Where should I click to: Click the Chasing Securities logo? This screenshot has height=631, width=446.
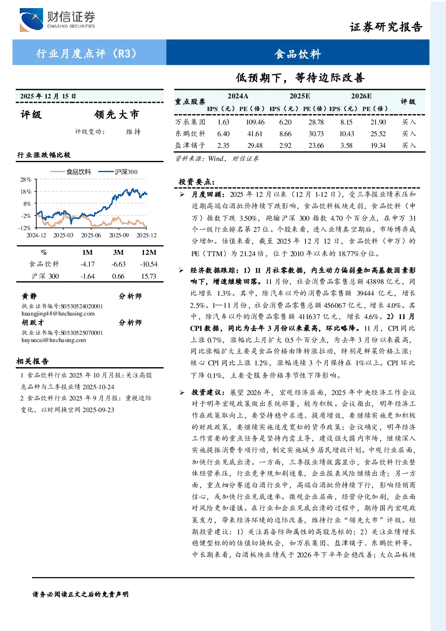click(x=57, y=20)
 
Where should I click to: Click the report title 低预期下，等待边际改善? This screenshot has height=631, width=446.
click(x=300, y=77)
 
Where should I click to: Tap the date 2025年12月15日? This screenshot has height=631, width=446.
click(x=48, y=96)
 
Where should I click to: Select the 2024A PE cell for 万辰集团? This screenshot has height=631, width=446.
click(x=255, y=122)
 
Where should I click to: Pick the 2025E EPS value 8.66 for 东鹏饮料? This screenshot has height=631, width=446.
click(x=285, y=134)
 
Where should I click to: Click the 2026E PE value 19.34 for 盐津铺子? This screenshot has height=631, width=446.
click(x=378, y=145)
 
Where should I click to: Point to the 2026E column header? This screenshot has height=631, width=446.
click(x=361, y=96)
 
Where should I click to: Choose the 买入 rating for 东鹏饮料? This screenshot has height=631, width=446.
click(x=409, y=133)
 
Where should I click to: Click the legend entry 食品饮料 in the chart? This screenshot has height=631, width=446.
click(x=71, y=172)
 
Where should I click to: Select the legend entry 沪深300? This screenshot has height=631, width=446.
click(x=118, y=172)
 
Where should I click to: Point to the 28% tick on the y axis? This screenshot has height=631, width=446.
click(x=26, y=179)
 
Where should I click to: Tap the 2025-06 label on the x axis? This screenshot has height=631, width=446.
click(x=91, y=235)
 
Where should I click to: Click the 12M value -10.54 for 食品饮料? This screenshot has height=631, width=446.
click(x=149, y=264)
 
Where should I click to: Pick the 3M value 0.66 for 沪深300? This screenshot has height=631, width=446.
click(x=118, y=276)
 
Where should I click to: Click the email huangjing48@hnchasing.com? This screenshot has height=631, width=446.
click(x=58, y=314)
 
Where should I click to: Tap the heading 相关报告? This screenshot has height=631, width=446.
click(x=32, y=361)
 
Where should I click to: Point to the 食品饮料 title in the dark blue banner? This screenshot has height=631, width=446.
click(x=298, y=54)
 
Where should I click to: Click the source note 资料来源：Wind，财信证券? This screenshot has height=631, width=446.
click(x=217, y=159)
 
